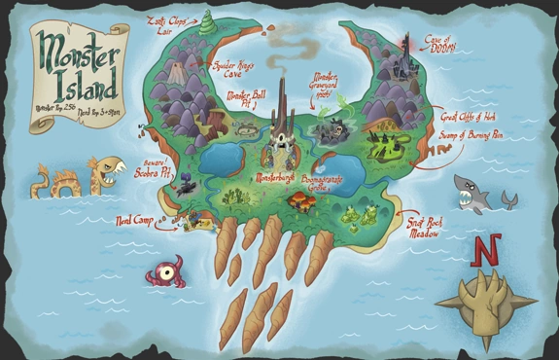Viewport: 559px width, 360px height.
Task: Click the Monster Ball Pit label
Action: (243, 100)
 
